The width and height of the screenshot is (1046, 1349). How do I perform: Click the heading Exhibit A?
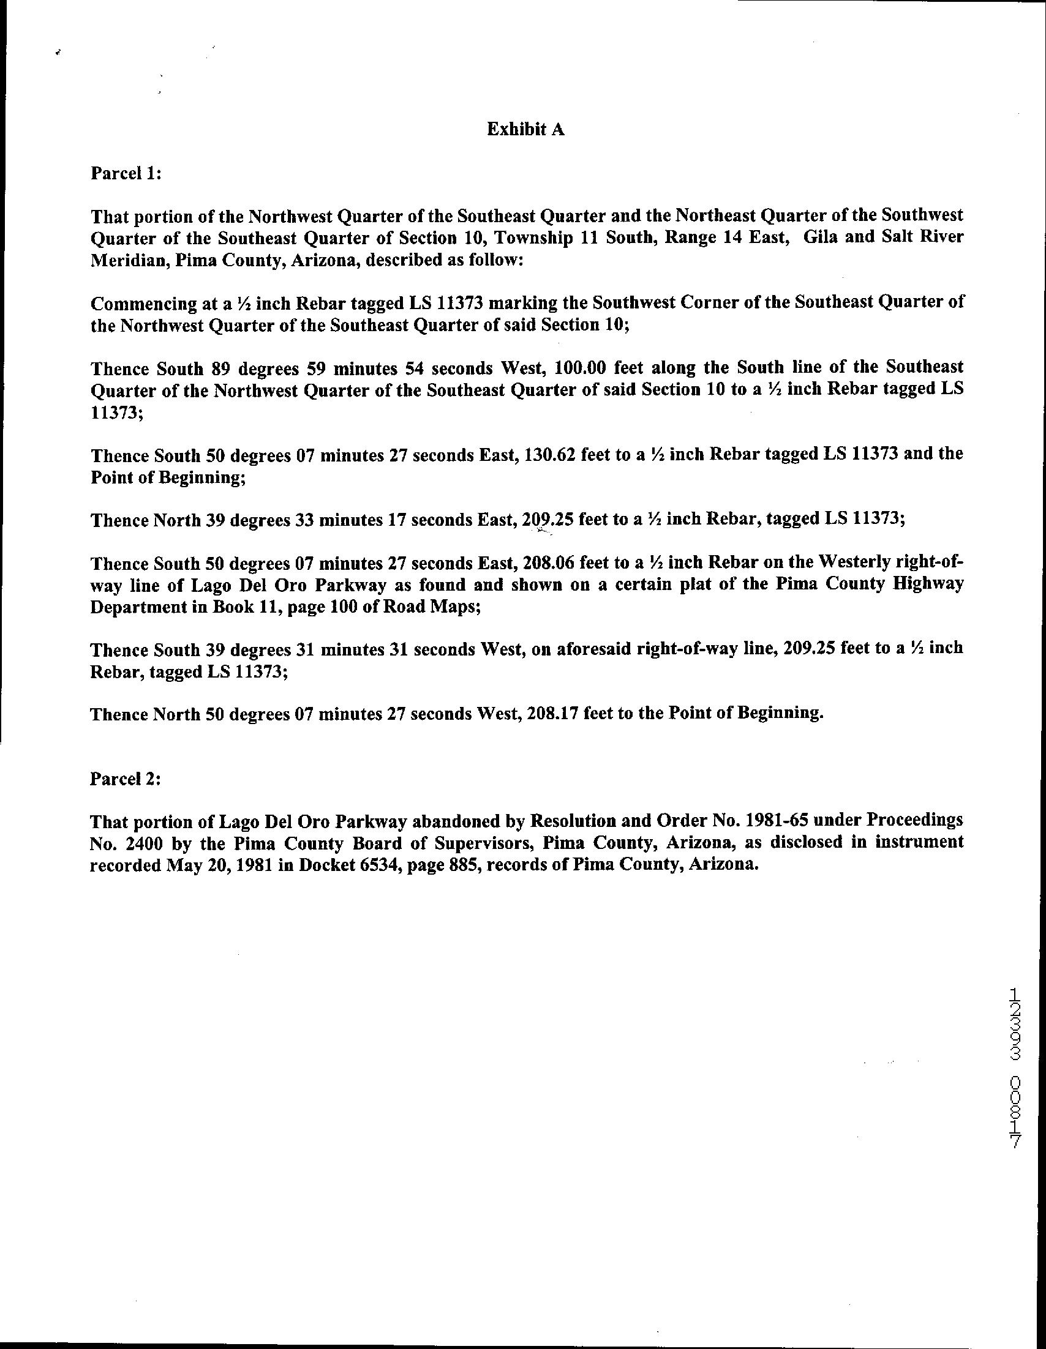point(525,129)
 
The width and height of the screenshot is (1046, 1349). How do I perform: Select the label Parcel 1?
point(126,174)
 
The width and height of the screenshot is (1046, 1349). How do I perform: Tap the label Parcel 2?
point(126,779)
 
